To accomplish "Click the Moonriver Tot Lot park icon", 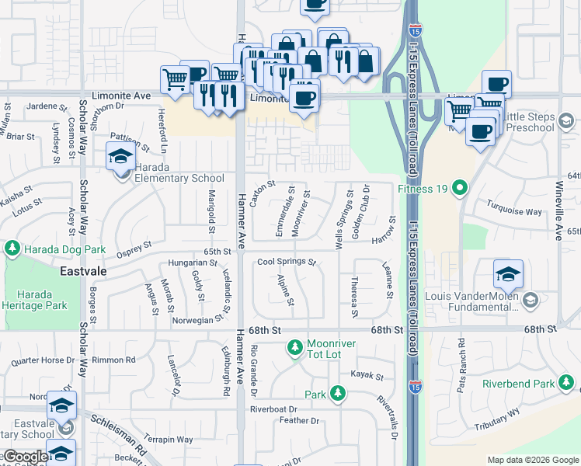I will point(294,349).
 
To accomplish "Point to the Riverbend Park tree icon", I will point(568,384).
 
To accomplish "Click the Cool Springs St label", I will point(287,263).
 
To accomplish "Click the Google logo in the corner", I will point(26,457).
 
